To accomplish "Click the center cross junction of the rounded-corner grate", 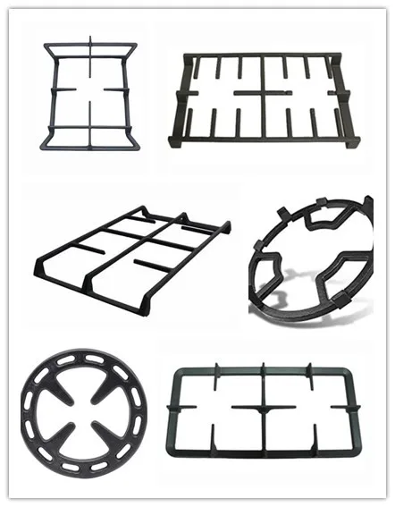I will click(x=264, y=408).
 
